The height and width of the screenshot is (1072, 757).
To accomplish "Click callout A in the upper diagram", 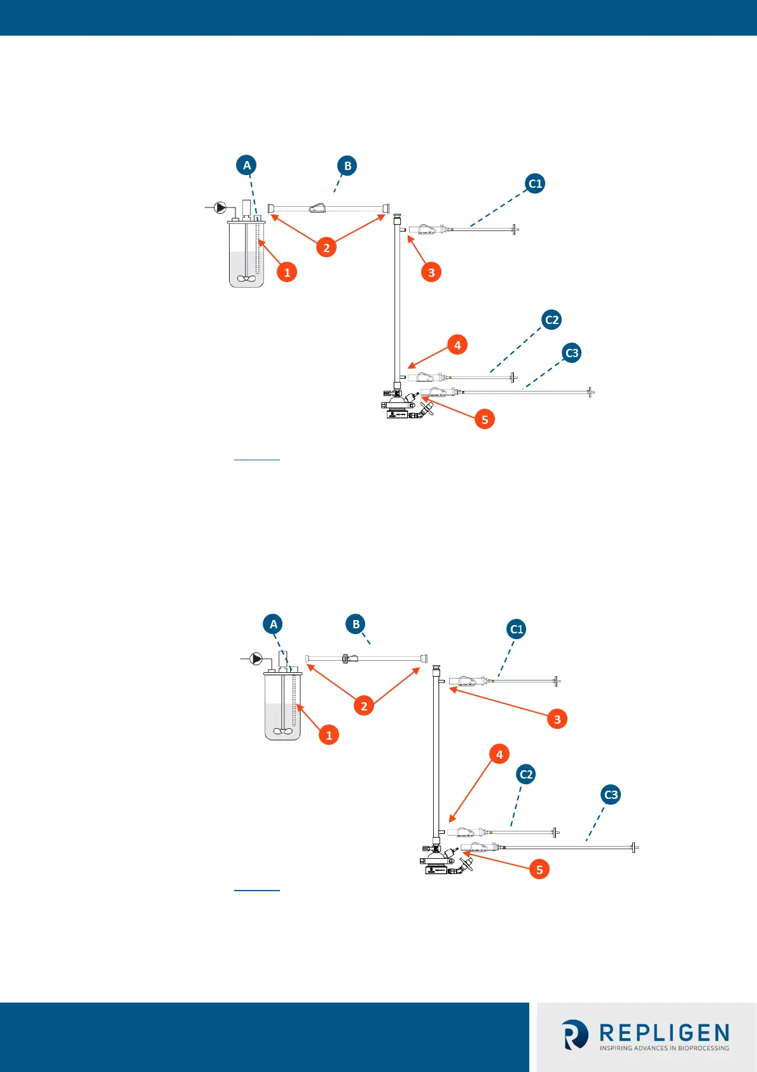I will [x=247, y=166].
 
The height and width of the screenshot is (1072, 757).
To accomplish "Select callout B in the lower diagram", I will [x=356, y=624].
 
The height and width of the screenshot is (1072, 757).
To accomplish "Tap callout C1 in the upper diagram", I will [x=535, y=184].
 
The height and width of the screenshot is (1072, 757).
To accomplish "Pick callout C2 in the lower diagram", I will [x=526, y=774].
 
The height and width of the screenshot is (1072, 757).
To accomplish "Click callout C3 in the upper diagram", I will [x=572, y=353].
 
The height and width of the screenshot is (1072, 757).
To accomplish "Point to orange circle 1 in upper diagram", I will [x=287, y=272].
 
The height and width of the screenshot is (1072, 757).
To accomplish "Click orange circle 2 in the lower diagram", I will [x=364, y=705].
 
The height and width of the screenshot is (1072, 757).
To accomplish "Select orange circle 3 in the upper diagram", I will [x=431, y=272].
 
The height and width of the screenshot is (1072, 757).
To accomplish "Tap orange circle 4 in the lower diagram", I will [x=499, y=754].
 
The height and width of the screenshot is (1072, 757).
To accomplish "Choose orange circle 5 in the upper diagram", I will [x=485, y=420].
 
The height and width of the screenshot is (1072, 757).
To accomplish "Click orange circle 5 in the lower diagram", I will [x=539, y=870].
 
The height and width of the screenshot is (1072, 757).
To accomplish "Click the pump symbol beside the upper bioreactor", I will [x=220, y=208].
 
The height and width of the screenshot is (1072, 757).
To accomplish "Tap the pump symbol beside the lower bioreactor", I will [x=256, y=659].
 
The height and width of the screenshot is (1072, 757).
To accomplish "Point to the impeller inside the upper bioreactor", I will [x=246, y=278].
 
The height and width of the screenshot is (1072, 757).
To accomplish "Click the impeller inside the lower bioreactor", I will [x=282, y=731].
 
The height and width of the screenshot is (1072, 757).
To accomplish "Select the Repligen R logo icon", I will [x=576, y=1034].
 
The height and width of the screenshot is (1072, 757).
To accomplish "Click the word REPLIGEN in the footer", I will [x=665, y=1033].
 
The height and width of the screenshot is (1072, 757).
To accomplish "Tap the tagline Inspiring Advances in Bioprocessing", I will [x=665, y=1048].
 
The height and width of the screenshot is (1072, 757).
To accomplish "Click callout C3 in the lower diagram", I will [x=611, y=794].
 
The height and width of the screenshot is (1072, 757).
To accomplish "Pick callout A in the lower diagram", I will [x=274, y=624].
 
